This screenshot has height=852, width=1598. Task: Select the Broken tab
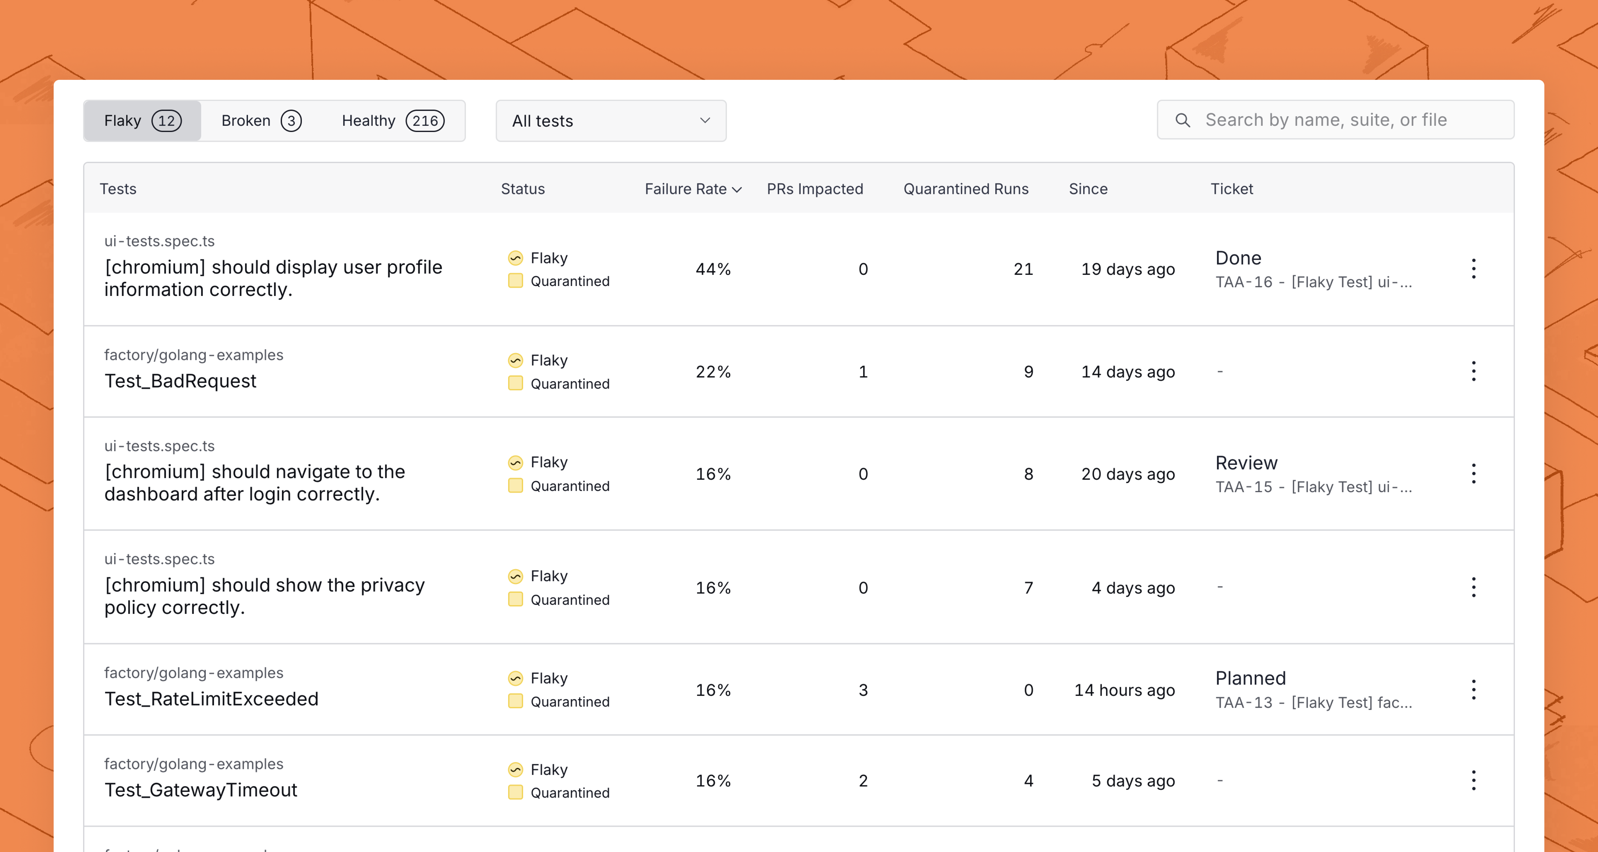(261, 121)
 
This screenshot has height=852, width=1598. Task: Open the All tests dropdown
(611, 121)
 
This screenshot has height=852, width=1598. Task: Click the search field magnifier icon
(1183, 120)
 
